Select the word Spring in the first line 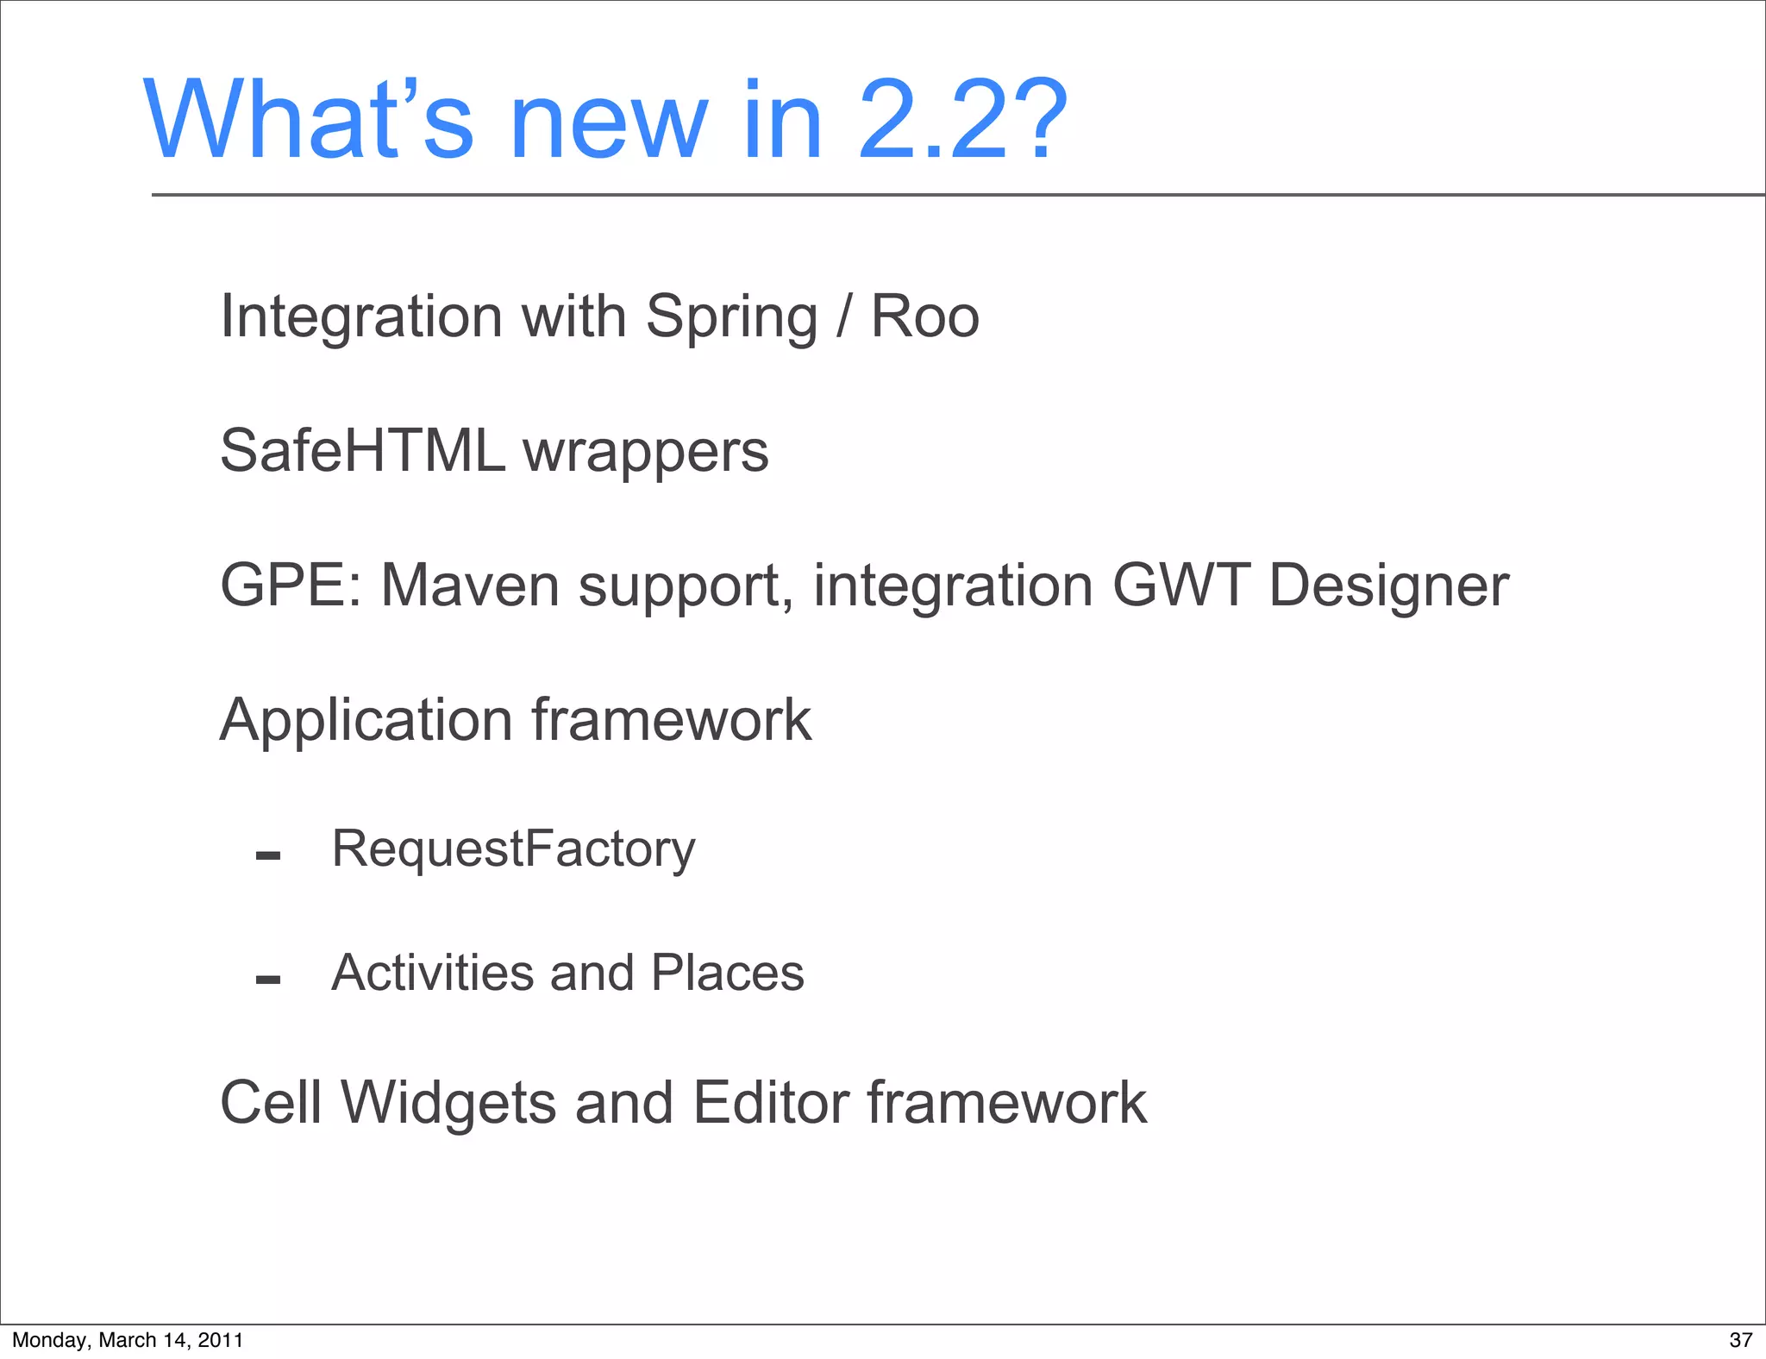(731, 317)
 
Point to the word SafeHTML (362, 450)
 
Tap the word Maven (471, 586)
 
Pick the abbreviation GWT (1180, 586)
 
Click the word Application (366, 721)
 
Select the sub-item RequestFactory (513, 849)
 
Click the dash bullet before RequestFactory (268, 855)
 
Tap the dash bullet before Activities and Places (268, 980)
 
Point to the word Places (727, 973)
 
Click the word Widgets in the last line (448, 1104)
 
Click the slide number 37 (1740, 1340)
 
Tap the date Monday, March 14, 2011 (128, 1340)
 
